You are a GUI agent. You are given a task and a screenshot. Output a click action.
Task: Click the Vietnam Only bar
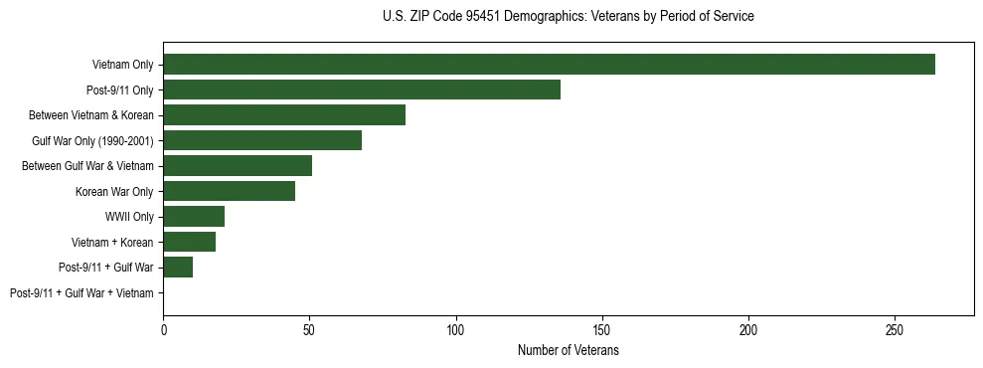(549, 65)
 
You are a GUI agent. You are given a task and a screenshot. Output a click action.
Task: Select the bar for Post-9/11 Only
(362, 90)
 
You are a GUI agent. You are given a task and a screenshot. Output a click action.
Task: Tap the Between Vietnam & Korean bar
(284, 115)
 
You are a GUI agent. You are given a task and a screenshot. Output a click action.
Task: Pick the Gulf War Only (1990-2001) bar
(262, 140)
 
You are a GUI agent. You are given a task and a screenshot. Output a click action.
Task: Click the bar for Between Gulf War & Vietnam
(238, 166)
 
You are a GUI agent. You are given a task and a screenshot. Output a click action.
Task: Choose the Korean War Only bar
(229, 191)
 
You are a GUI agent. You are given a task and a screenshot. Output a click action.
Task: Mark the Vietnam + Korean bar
(190, 242)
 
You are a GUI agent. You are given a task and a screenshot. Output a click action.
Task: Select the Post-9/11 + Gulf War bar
(178, 268)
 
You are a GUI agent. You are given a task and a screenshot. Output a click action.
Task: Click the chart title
(568, 17)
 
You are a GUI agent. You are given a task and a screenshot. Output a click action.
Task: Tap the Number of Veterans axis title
(568, 351)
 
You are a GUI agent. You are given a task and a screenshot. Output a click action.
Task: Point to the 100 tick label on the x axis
(456, 329)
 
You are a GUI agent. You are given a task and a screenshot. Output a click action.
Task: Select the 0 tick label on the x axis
(163, 329)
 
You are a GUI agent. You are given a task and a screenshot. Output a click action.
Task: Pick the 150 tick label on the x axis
(602, 329)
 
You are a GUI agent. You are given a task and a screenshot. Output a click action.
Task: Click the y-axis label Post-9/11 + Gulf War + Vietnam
(82, 293)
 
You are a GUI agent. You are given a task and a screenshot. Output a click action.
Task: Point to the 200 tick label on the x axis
(748, 329)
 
